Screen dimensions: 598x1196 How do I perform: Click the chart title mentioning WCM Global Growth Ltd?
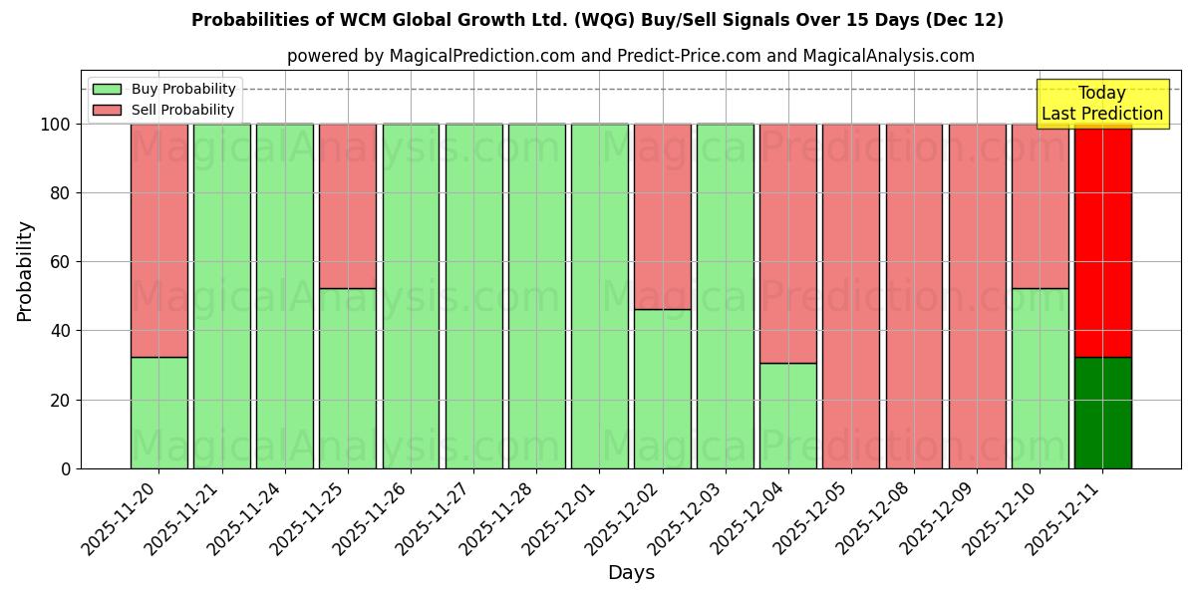click(x=597, y=20)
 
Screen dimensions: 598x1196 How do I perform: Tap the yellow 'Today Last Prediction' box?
click(x=1101, y=104)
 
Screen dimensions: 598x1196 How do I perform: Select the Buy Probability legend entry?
click(x=164, y=89)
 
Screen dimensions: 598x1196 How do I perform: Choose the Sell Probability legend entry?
click(x=164, y=110)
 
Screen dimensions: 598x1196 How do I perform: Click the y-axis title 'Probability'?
click(x=25, y=270)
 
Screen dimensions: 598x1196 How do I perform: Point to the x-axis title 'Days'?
click(x=631, y=573)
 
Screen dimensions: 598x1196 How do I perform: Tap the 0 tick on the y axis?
click(x=66, y=468)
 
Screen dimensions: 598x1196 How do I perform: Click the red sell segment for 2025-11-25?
click(x=348, y=206)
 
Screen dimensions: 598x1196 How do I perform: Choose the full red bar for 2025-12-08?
click(x=914, y=296)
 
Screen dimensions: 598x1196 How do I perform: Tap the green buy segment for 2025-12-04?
click(x=787, y=416)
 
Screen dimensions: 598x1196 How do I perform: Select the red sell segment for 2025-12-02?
click(x=662, y=216)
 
